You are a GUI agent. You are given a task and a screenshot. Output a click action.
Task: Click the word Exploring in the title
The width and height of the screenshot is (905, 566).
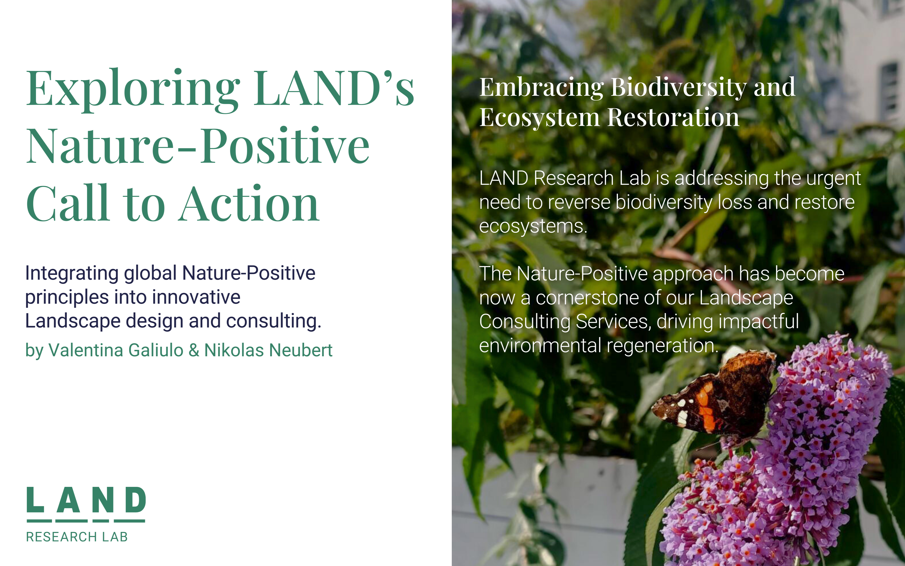(133, 90)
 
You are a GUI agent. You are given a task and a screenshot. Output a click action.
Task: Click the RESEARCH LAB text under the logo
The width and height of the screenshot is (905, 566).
(77, 537)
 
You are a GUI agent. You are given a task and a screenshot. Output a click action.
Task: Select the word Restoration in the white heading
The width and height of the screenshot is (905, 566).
(673, 117)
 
